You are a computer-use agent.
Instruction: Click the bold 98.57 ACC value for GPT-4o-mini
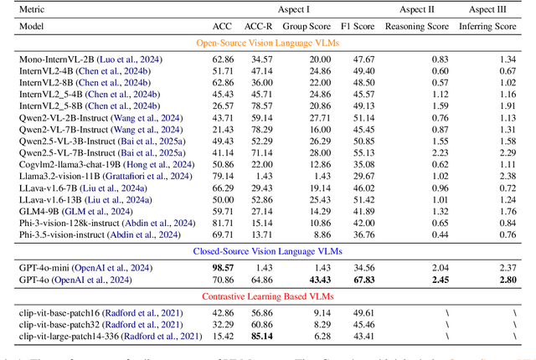tap(223, 266)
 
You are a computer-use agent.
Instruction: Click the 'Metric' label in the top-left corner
tap(35, 9)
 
